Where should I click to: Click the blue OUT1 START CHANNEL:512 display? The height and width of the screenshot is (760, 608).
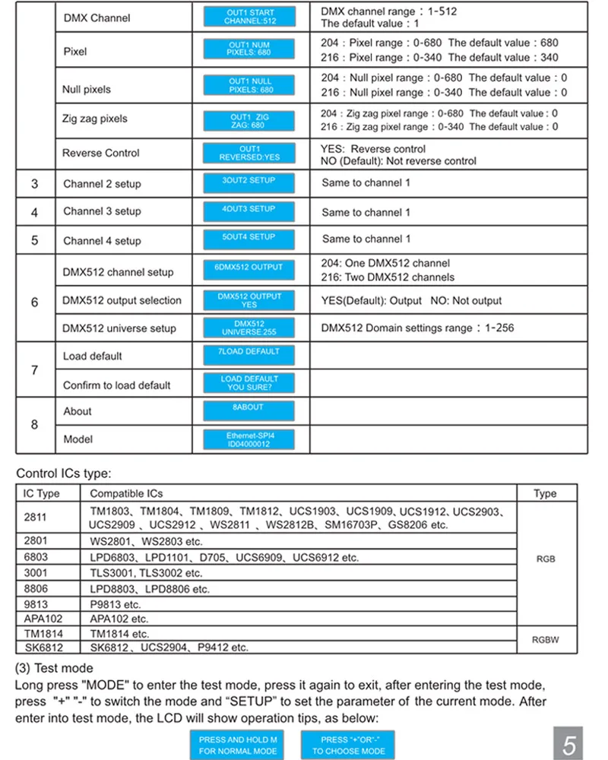tap(249, 17)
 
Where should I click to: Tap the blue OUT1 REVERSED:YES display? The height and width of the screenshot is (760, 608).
tap(249, 153)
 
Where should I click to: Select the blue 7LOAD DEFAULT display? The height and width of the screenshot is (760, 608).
tap(249, 356)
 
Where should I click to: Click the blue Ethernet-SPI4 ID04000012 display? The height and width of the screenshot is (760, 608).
tap(249, 440)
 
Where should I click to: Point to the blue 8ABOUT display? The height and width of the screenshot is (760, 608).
tap(249, 412)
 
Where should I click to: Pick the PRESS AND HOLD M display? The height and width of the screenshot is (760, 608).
tap(239, 745)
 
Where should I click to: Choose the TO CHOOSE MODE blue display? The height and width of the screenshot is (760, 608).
tap(348, 745)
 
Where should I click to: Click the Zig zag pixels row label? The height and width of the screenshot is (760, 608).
tap(95, 119)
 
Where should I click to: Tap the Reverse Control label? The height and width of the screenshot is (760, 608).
tap(101, 153)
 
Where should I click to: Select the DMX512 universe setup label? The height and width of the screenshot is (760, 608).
tap(119, 328)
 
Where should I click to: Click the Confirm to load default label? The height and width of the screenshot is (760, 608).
tap(117, 385)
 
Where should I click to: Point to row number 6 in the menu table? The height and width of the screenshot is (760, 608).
tap(35, 302)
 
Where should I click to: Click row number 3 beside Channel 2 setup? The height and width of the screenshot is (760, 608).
tap(35, 184)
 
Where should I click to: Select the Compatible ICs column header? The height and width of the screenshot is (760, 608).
tap(126, 494)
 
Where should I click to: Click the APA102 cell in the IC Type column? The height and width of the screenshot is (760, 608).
tap(44, 619)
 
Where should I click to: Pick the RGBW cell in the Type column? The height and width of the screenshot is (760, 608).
tap(546, 640)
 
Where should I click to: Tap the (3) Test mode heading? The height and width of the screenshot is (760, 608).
tap(54, 668)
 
